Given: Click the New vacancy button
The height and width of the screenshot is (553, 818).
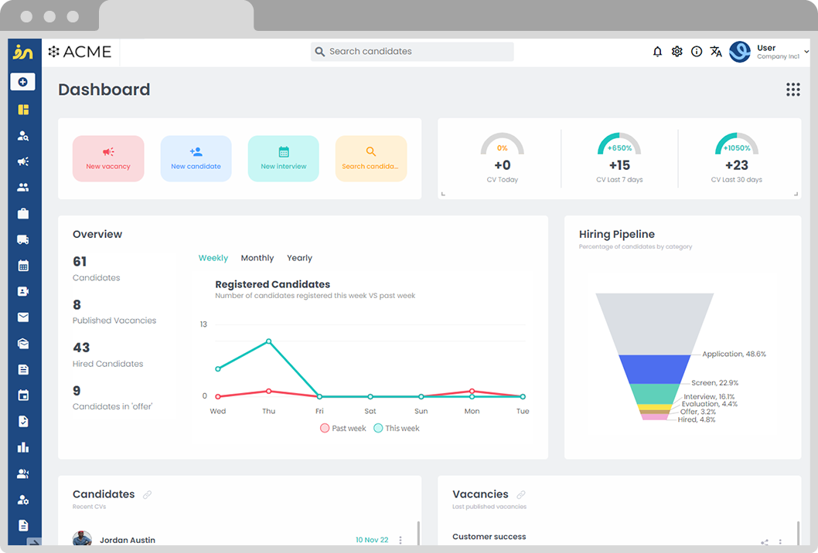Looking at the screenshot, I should coord(108,158).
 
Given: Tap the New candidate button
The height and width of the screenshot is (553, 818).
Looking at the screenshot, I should coord(196,158).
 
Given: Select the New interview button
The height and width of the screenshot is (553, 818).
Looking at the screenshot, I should coord(283,158).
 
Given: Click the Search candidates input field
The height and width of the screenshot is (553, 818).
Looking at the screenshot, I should coord(412,52).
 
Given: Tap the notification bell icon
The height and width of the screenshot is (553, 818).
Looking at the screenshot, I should coord(657,52).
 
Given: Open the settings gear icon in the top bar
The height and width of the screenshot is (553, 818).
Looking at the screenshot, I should coord(677,52).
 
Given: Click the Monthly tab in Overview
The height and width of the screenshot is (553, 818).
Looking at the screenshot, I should coord(257,258).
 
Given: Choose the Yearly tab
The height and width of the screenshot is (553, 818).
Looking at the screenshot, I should coord(299,258).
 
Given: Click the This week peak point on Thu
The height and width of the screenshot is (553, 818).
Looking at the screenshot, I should coord(269,341).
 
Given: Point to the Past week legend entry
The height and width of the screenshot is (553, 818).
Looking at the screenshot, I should coord(343,428).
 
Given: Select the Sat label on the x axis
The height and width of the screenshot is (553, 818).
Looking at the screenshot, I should coord(370,411).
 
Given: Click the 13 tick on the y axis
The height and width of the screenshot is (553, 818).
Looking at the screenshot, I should coord(203,324).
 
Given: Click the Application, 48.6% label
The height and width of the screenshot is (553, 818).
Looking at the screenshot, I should coord(734,354).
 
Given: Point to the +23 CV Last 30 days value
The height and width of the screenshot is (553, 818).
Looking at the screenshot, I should coord(736,165).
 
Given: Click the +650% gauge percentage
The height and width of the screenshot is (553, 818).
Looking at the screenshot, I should coord(619,148).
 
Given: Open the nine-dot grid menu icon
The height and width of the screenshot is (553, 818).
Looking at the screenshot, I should coord(792,90).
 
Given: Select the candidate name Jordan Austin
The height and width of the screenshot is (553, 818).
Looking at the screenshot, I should coord(128,540).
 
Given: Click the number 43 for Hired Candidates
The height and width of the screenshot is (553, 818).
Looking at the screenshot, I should coord(81,348).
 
